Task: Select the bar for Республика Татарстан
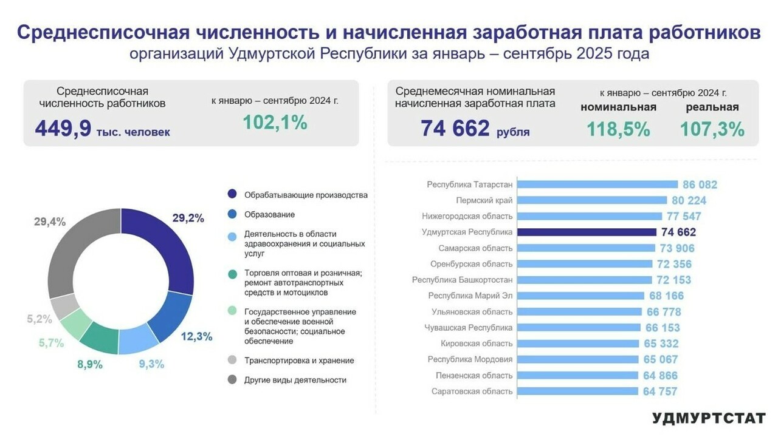click(x=598, y=185)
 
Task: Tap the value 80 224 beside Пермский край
click(x=689, y=200)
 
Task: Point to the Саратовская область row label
click(x=472, y=391)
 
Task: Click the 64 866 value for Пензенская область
click(x=659, y=376)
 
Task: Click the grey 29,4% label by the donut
click(x=50, y=222)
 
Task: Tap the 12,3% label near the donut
click(x=197, y=337)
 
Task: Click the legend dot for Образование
click(x=232, y=214)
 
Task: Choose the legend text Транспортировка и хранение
click(x=299, y=361)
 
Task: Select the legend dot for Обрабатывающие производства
click(x=232, y=195)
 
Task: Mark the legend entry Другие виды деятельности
click(x=295, y=380)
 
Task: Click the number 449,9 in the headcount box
click(x=63, y=128)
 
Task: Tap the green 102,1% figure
click(x=275, y=123)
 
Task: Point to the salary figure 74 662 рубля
click(x=474, y=129)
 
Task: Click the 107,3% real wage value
click(x=712, y=129)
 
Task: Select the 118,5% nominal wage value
click(x=618, y=129)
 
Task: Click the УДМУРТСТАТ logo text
click(x=708, y=418)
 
